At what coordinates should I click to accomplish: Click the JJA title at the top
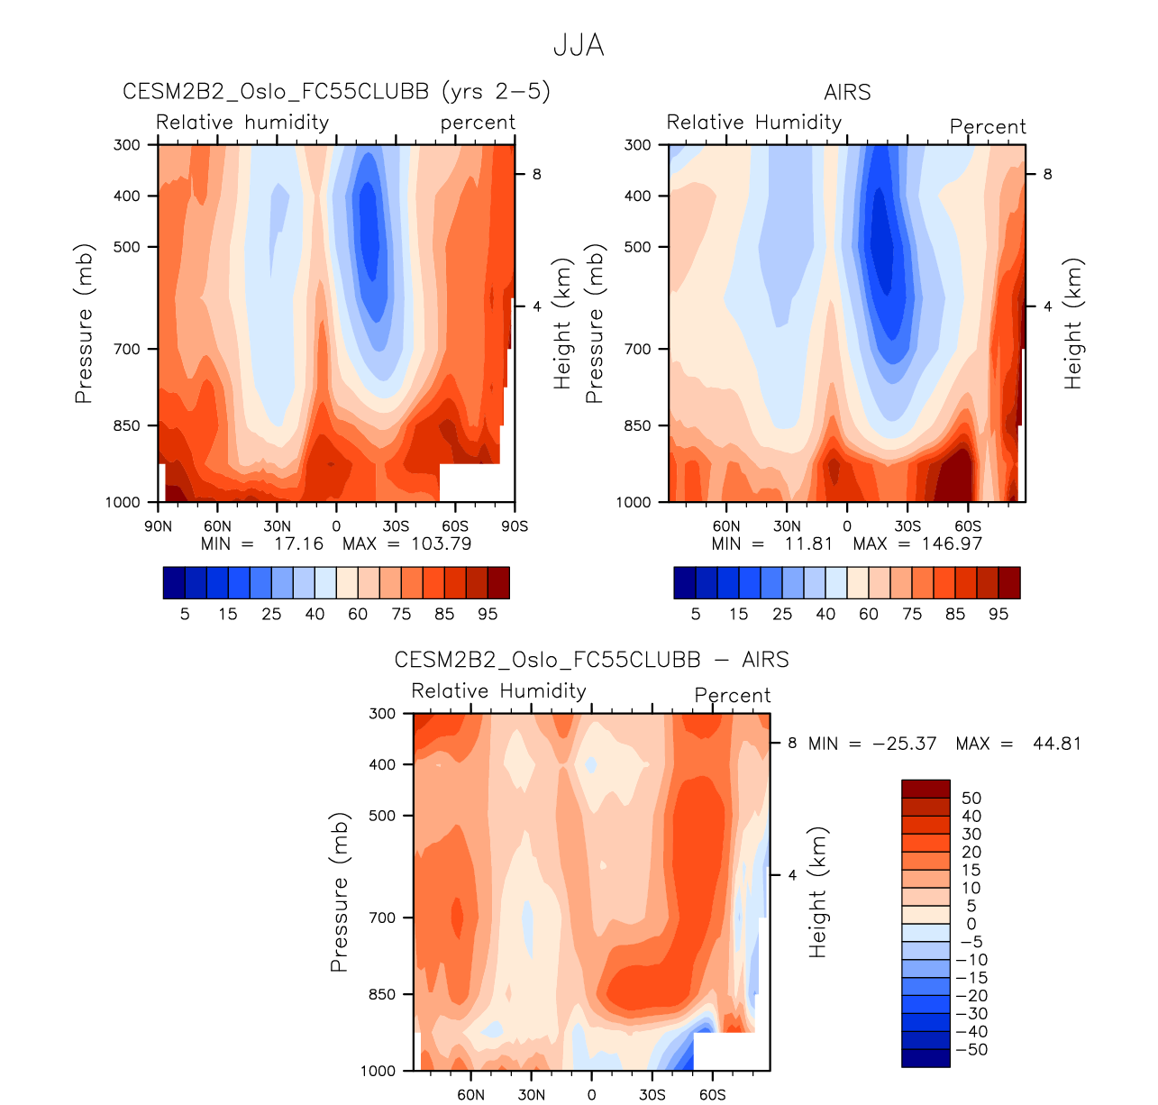coord(579,45)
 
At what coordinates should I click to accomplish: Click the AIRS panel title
coord(847,92)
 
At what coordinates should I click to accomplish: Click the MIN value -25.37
coord(904,744)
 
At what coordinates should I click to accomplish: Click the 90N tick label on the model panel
coord(158,526)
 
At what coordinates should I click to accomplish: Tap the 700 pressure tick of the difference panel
coord(383,918)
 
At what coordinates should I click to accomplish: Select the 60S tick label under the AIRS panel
coord(968,526)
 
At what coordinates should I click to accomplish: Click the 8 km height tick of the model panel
coord(536,174)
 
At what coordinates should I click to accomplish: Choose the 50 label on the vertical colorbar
coord(971,799)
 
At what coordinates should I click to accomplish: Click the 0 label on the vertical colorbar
coord(971,924)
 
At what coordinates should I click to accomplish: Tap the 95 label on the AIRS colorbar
coord(998,614)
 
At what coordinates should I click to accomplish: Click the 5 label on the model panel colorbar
coord(185,614)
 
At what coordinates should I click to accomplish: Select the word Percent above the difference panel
coord(733,696)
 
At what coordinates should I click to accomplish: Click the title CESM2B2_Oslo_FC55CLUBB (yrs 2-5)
coord(336,92)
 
